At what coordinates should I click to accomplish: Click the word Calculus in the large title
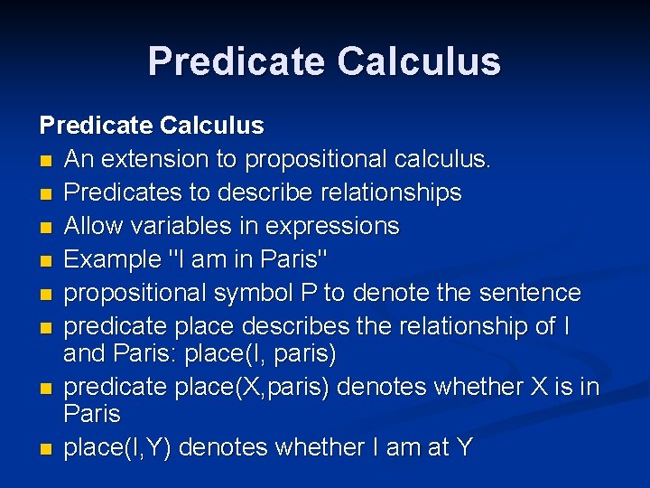pos(419,61)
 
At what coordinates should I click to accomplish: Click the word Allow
pos(93,226)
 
